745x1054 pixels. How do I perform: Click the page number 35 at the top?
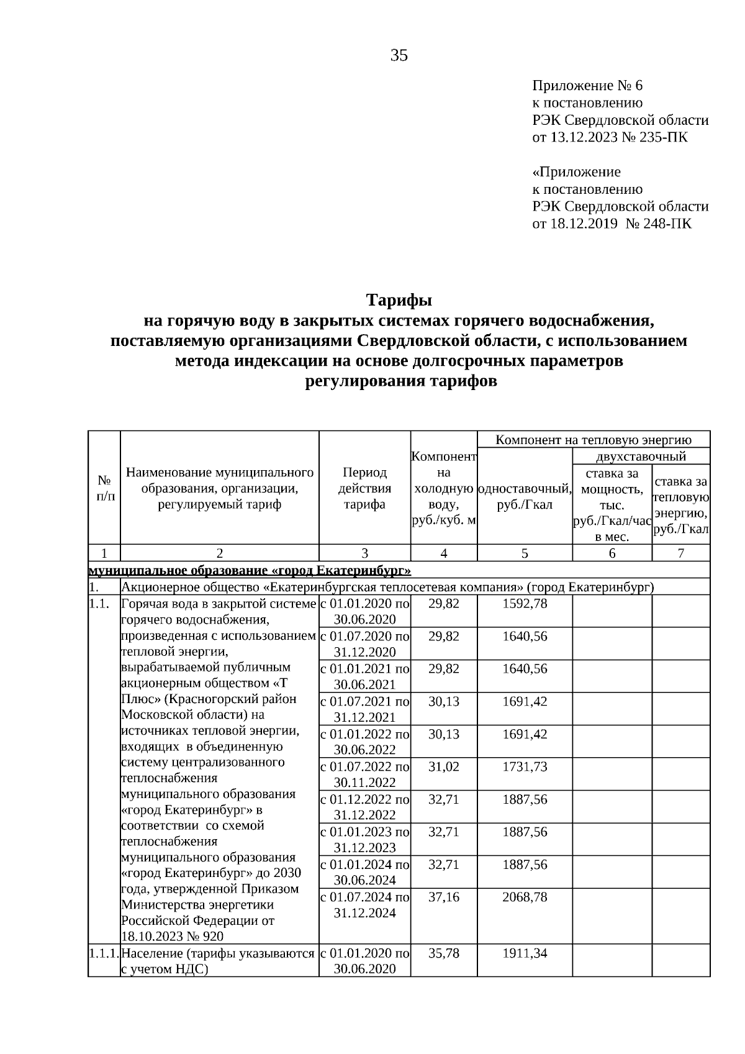pos(399,56)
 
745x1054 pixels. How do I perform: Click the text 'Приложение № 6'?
pos(583,86)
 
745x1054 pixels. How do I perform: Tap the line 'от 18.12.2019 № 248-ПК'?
pos(612,224)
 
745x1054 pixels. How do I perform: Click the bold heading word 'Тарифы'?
pos(399,301)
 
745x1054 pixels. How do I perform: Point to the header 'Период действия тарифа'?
pos(364,489)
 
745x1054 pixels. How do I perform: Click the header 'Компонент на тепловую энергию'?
pos(594,440)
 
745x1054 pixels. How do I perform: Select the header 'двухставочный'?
pos(641,457)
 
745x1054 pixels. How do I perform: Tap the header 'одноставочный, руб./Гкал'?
pos(525,496)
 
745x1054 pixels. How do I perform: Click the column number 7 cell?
pos(680,553)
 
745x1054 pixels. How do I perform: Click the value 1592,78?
pos(525,603)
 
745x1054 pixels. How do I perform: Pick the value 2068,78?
pos(525,897)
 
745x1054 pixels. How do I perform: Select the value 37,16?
pos(444,897)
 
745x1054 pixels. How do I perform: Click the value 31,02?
pos(444,766)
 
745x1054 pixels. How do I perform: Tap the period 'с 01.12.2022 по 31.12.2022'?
pos(364,807)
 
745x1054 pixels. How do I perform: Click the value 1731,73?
pos(525,766)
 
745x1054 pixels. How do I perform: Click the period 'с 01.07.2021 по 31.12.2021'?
pos(364,709)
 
